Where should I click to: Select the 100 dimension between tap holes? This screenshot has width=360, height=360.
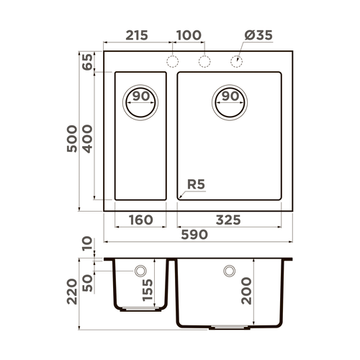(188, 35)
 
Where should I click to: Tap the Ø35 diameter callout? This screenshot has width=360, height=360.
(257, 35)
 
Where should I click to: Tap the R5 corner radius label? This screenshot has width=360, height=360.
(196, 184)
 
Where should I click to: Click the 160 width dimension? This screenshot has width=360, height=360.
(140, 220)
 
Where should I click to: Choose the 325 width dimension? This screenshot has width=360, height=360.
(228, 220)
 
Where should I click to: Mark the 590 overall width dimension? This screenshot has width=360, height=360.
(194, 235)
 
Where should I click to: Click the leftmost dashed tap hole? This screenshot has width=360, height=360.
(173, 60)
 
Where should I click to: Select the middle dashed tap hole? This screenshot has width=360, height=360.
(204, 60)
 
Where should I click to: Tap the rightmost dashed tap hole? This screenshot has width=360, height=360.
(236, 60)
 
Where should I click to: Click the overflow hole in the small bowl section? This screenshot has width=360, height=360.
(140, 271)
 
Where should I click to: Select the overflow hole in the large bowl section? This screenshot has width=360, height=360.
(230, 271)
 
